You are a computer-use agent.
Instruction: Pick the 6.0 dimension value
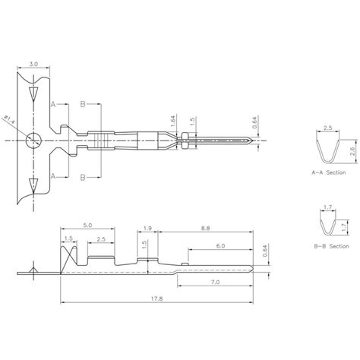point(219,246)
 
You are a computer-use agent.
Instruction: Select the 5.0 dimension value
point(87,226)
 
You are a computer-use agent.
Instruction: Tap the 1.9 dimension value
point(147,227)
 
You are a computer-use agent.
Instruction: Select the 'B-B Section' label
point(329,246)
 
